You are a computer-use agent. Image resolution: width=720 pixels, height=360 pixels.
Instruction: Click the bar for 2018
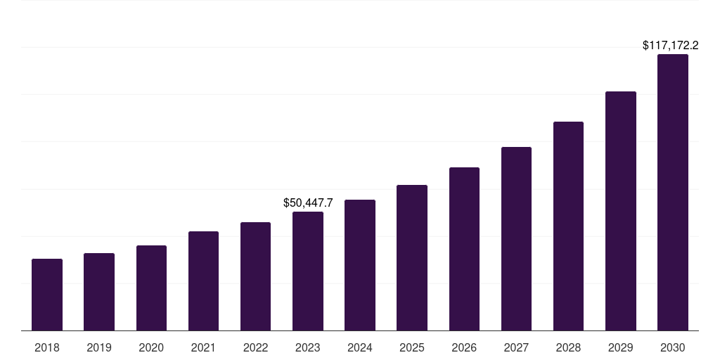point(47,295)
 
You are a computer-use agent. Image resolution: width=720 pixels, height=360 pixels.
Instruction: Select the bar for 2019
point(99,292)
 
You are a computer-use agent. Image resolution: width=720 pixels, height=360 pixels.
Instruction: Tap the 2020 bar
point(151,288)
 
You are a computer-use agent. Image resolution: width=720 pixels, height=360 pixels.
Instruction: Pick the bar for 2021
point(203,281)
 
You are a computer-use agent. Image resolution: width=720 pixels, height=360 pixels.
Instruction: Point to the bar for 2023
point(308,271)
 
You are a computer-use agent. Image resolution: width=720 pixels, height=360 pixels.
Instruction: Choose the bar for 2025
point(412,258)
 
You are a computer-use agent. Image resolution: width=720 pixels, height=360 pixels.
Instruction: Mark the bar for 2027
point(516,239)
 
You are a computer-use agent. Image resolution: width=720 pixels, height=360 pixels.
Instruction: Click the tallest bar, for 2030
point(673,193)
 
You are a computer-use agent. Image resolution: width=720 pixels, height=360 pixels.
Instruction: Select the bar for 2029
point(621,211)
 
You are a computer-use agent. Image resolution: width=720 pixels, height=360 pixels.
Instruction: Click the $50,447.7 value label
point(308,202)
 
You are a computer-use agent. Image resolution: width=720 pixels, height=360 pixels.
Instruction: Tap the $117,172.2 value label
point(670,46)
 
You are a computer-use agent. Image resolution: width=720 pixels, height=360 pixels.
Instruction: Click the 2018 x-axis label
point(47,347)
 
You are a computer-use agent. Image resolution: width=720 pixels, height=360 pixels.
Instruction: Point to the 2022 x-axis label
point(255,347)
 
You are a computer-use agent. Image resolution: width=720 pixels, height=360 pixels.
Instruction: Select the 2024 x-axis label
point(360,347)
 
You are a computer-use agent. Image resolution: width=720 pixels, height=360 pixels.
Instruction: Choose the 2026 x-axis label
point(464,347)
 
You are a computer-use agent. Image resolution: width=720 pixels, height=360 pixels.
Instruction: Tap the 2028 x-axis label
point(568,347)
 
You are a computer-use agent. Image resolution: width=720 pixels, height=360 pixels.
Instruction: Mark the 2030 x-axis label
point(673,347)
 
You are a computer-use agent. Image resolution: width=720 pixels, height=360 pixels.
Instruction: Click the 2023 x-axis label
point(308,347)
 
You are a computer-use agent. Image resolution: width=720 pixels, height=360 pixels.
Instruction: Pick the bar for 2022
point(255,276)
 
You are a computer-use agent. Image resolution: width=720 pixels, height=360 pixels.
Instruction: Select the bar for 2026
point(464,249)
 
